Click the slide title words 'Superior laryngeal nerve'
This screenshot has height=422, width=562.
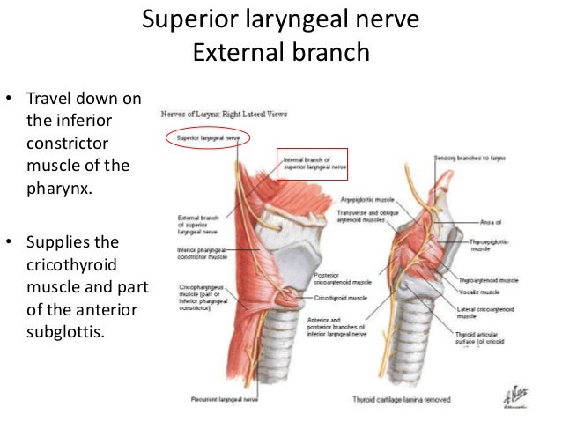click(x=280, y=19)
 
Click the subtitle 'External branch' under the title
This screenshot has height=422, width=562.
click(x=280, y=52)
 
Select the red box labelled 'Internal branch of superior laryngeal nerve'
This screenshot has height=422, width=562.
click(x=306, y=163)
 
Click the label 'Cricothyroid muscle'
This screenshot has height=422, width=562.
click(x=330, y=300)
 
